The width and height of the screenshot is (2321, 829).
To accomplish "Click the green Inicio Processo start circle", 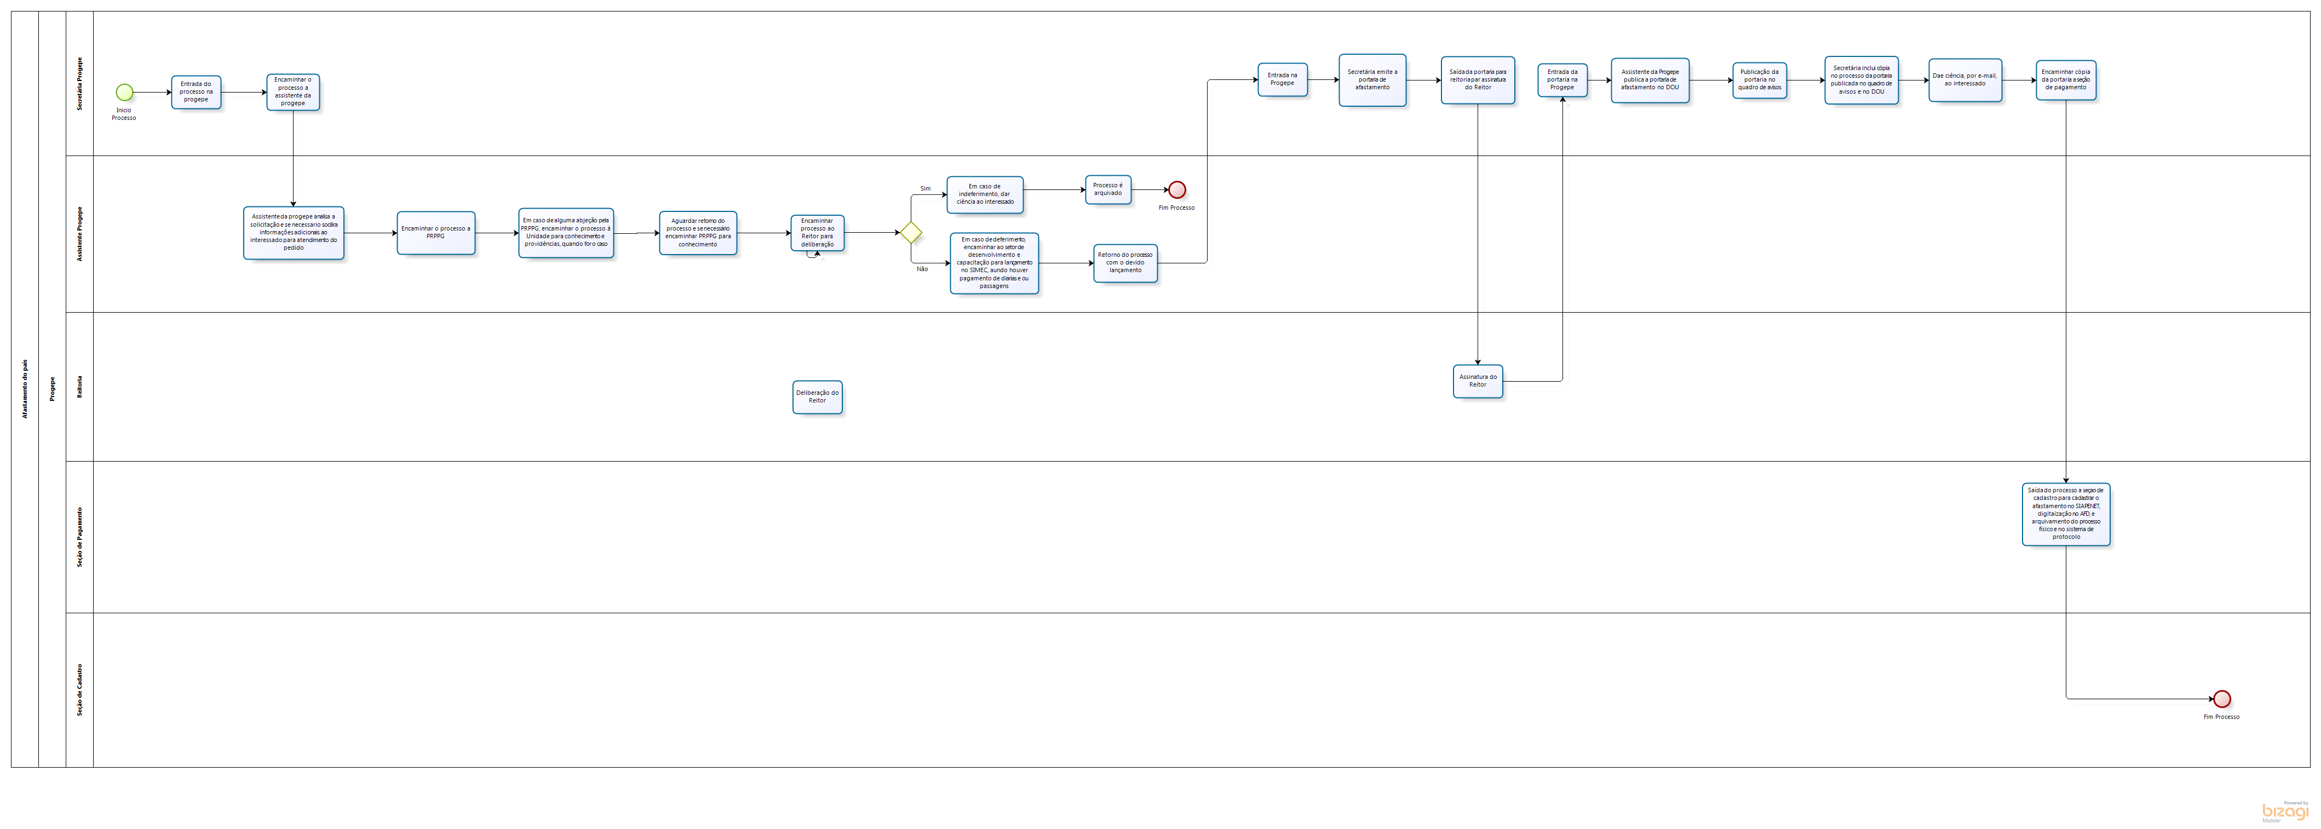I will point(124,92).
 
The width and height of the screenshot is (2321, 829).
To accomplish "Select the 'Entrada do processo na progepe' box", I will point(197,92).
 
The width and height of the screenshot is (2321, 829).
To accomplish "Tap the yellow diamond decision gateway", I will point(911,233).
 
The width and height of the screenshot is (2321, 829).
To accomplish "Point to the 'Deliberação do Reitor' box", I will point(817,396).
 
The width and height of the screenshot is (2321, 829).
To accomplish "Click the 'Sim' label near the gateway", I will point(926,188).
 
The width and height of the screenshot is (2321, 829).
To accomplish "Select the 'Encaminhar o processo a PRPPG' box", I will point(435,233).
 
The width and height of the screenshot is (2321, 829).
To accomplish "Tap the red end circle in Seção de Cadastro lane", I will point(2222,698).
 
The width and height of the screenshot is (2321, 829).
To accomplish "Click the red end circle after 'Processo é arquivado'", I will point(1177,190).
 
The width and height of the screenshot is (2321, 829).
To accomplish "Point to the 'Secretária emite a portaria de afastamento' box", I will point(1372,80).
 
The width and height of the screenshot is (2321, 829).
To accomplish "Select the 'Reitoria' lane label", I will point(79,387).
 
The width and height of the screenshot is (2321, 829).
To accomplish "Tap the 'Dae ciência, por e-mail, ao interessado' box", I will point(1965,80).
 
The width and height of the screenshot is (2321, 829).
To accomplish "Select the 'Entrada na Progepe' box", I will point(1282,79).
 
